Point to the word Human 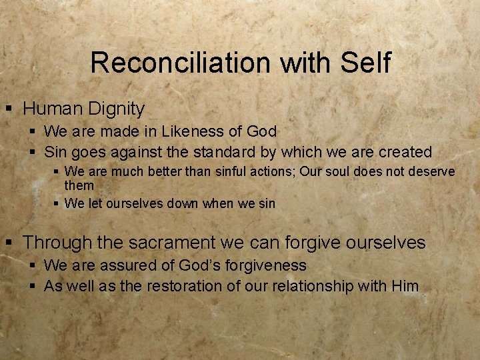coord(50,108)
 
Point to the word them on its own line coord(79,185)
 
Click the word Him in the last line coord(405,287)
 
